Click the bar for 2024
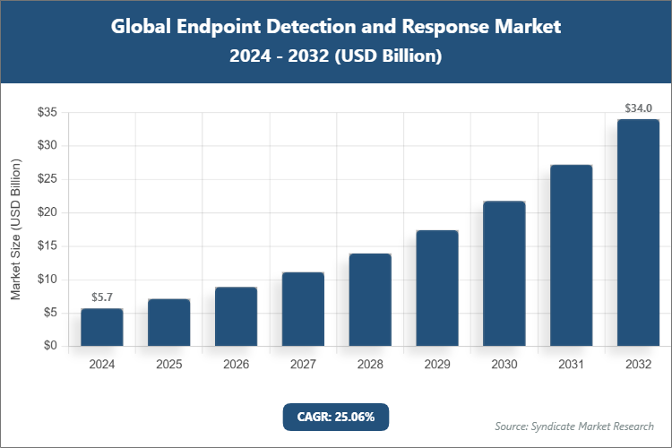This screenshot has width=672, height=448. pyautogui.click(x=101, y=327)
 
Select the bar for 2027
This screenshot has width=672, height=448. pyautogui.click(x=303, y=309)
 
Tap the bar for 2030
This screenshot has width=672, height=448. pyautogui.click(x=504, y=273)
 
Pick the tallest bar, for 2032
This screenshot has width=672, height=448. pyautogui.click(x=638, y=233)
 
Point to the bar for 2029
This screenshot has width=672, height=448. pyautogui.click(x=437, y=288)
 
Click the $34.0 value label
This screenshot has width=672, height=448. pyautogui.click(x=638, y=108)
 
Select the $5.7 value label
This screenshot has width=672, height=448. pyautogui.click(x=101, y=297)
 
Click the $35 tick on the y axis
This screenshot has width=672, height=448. pyautogui.click(x=47, y=112)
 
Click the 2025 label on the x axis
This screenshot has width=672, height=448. pyautogui.click(x=168, y=365)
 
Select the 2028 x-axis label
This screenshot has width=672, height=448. pyautogui.click(x=370, y=365)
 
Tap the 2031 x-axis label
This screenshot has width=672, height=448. pyautogui.click(x=571, y=365)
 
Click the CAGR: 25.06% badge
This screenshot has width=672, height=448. pyautogui.click(x=336, y=416)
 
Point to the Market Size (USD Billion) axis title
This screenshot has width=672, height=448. pyautogui.click(x=15, y=229)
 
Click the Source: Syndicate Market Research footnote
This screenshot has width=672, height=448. pyautogui.click(x=573, y=425)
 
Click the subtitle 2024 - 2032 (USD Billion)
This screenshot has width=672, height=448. pyautogui.click(x=336, y=56)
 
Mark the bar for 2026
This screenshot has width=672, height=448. pyautogui.click(x=236, y=316)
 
